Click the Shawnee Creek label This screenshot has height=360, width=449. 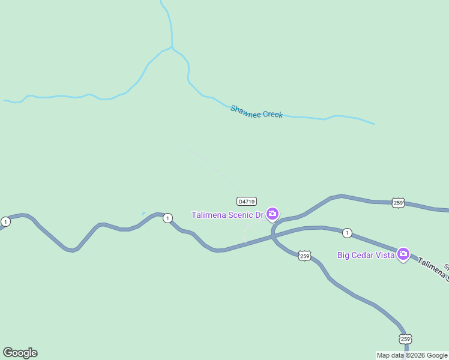[x=256, y=112]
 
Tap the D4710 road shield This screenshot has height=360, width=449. [x=247, y=202]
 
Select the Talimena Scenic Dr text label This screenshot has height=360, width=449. [x=228, y=215]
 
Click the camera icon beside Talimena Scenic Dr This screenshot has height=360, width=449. [x=273, y=214]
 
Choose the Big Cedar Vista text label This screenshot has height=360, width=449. [x=366, y=255]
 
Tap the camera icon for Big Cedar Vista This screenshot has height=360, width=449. [x=403, y=254]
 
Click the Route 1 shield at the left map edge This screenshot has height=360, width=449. [x=5, y=222]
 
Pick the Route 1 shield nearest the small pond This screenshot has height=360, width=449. [x=167, y=218]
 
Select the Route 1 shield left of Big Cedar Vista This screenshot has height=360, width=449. [x=346, y=232]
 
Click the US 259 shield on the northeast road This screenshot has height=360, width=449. [x=398, y=203]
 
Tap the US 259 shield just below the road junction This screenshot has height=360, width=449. [x=305, y=256]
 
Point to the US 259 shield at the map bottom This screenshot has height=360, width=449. [x=406, y=339]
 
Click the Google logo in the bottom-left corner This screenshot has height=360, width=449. [x=20, y=353]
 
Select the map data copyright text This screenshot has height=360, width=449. [x=412, y=355]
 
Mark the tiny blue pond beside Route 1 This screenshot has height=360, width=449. [x=143, y=213]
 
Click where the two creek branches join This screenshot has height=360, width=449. [x=172, y=47]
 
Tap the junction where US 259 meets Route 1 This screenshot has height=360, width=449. [x=273, y=235]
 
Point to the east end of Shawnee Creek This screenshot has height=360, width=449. [x=373, y=124]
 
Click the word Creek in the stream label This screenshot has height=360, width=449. [x=270, y=114]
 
